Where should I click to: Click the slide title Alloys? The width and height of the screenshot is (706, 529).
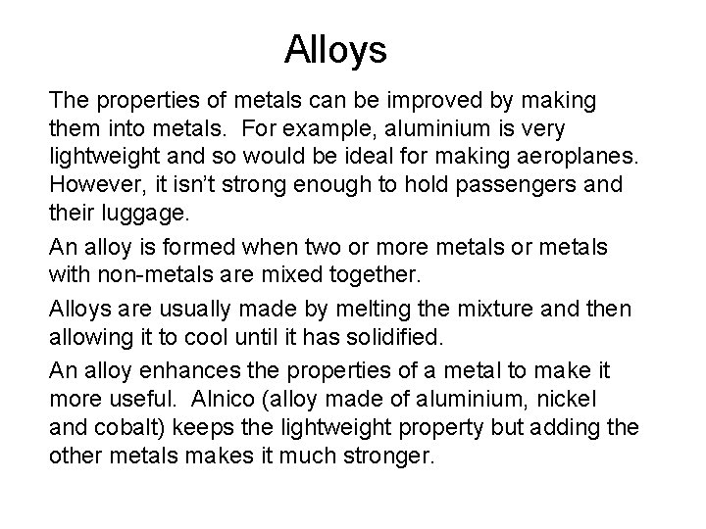(x=336, y=48)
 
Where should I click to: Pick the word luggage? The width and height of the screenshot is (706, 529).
(x=139, y=212)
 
